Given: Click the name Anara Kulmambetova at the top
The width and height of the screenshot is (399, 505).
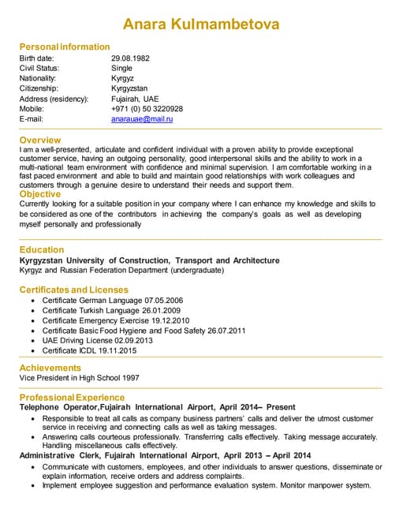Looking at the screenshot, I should coord(200,24).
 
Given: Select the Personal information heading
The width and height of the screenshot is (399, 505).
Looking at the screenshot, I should coord(65,47).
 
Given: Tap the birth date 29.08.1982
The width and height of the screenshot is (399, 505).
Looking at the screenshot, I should coord(130,58).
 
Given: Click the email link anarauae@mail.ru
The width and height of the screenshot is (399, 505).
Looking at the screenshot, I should coord(142,119).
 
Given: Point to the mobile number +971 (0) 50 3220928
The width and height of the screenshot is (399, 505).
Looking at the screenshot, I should coord(147,109).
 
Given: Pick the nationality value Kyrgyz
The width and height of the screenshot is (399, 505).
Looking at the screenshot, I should coord(123,78).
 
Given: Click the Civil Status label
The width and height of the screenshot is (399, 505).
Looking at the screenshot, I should coord(39,68).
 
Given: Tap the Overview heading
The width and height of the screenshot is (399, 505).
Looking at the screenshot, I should coord(40,140).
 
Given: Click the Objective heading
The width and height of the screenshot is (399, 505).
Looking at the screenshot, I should coord(40,194).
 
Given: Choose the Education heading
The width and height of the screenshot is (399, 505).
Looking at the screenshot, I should coord(42,250).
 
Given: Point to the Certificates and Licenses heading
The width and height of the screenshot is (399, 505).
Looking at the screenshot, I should coord(73,290).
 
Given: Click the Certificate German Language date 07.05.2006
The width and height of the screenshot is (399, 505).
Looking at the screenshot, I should coord(164,301).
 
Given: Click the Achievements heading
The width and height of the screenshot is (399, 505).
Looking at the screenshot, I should coord(50,368).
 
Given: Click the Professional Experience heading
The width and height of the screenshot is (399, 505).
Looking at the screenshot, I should coord(72,397).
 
